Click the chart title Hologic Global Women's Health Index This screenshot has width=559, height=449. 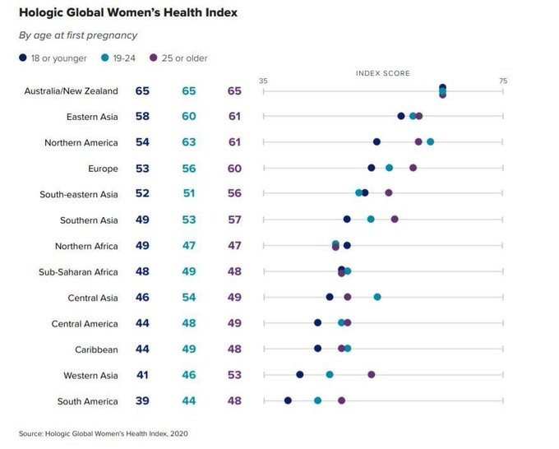128,12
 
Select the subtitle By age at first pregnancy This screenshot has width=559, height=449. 78,35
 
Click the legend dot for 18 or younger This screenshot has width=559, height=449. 23,58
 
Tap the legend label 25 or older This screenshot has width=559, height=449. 184,58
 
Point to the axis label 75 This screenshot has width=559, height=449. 503,81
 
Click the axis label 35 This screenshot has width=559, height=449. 263,81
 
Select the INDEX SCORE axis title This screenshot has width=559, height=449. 383,73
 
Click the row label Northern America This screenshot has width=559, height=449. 81,142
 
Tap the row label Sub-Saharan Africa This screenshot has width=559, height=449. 78,272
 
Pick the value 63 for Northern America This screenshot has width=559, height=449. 189,142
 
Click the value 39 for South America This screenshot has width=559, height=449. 142,400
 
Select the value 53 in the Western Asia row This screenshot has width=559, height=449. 234,375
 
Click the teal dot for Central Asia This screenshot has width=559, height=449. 377,297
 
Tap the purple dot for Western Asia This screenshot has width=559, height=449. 371,374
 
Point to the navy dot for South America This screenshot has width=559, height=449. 288,400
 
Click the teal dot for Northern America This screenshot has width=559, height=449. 430,142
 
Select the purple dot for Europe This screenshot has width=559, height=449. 413,168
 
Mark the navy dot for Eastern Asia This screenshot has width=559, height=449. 401,116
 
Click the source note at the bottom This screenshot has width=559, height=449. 104,433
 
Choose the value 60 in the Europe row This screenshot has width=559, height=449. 234,169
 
